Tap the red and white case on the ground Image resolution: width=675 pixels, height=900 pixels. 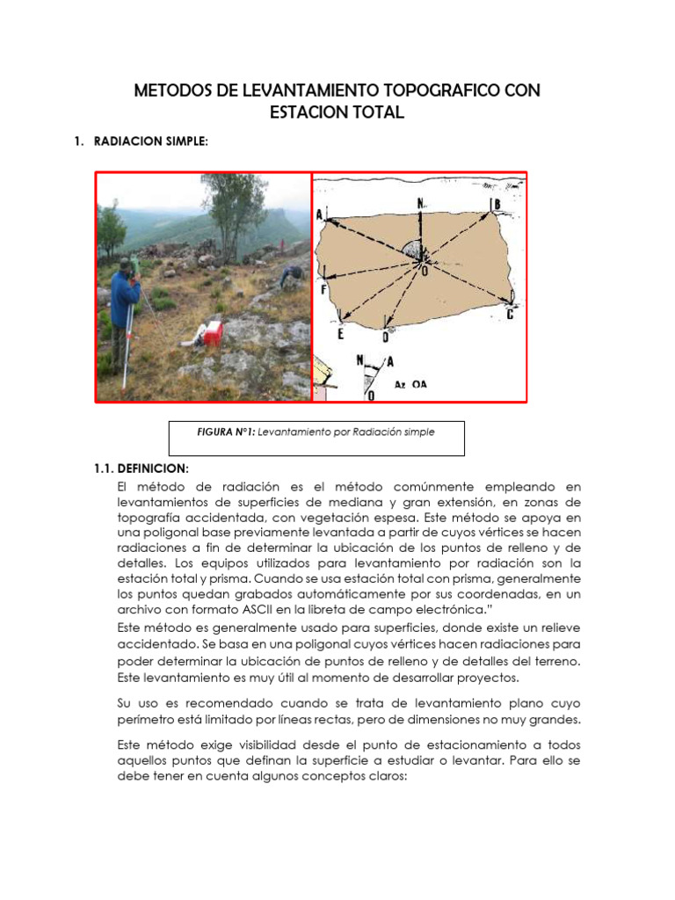click(211, 333)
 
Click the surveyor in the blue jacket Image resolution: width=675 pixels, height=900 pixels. click(124, 303)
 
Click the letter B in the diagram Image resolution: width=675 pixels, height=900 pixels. click(497, 206)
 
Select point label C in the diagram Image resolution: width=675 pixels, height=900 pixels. click(510, 313)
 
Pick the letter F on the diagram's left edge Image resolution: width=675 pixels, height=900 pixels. click(323, 289)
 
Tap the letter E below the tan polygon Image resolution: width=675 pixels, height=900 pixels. click(341, 335)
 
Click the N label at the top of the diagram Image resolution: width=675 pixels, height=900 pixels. click(421, 203)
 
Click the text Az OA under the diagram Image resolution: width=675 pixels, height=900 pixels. click(410, 385)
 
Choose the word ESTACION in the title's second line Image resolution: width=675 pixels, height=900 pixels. click(308, 112)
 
